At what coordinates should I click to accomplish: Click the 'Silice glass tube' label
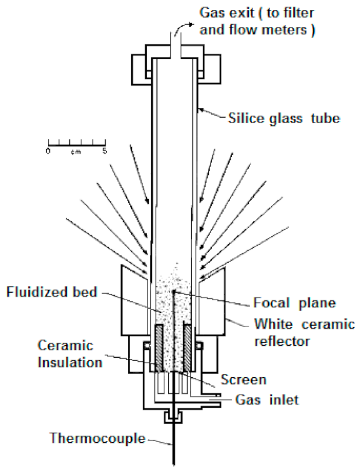tap(284, 118)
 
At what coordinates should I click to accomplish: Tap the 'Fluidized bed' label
tap(52, 292)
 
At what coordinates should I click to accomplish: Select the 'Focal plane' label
tap(295, 303)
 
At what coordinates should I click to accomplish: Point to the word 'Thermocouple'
tap(97, 438)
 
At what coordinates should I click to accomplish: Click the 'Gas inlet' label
tap(267, 400)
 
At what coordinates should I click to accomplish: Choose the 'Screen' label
tap(243, 380)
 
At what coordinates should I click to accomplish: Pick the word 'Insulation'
tap(70, 363)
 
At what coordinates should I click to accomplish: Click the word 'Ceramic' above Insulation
tap(66, 346)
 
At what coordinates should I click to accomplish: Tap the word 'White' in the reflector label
tap(274, 324)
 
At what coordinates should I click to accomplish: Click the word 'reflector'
tap(282, 341)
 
